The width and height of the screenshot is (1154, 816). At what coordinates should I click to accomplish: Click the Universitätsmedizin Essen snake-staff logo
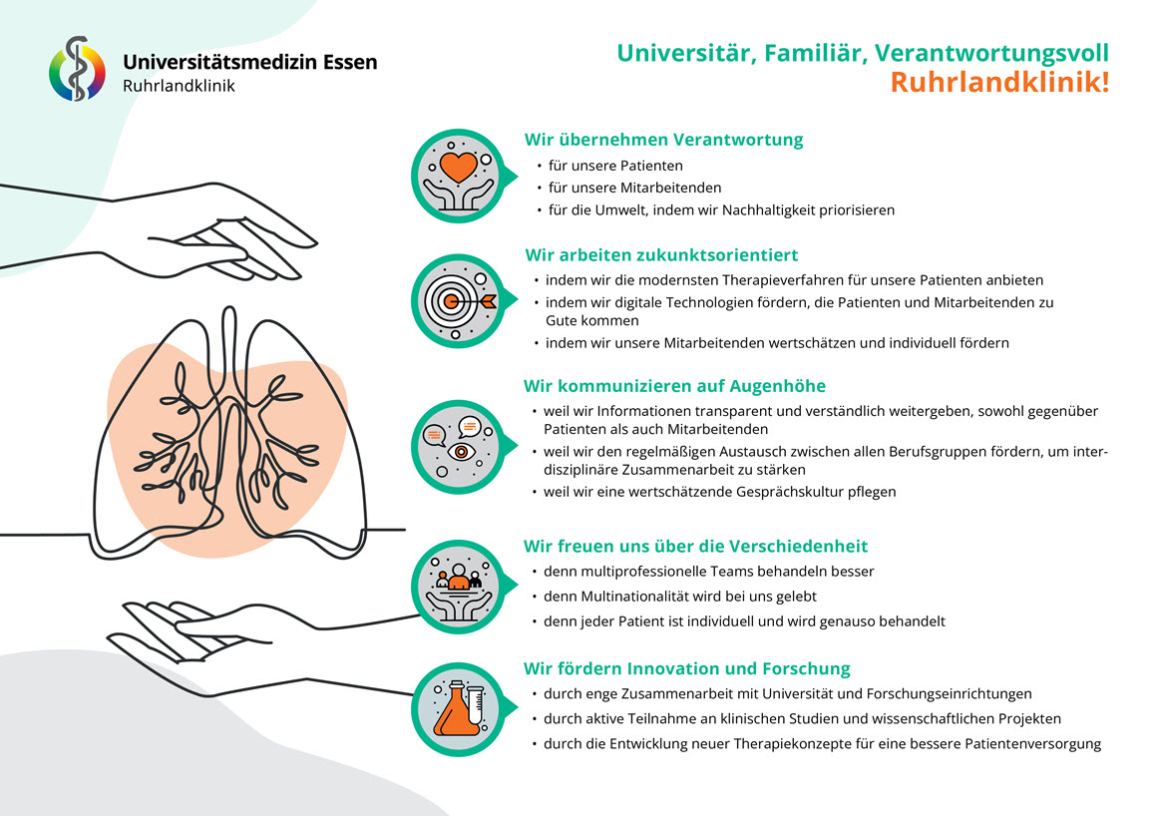point(77,69)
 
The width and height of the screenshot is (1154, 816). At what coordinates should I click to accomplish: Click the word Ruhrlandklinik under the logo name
point(179,86)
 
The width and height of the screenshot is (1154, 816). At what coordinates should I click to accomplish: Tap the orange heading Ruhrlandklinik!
point(999,82)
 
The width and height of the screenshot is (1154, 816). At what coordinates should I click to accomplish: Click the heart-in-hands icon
point(459,177)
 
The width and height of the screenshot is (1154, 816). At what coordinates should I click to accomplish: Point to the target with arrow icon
point(459,301)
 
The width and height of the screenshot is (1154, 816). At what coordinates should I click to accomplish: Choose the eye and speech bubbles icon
point(459,447)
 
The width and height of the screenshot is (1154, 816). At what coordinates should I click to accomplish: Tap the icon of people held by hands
point(459,587)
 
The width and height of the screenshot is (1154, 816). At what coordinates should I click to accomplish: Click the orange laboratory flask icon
point(459,709)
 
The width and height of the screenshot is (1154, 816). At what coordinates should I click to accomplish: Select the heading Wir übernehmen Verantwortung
point(663,140)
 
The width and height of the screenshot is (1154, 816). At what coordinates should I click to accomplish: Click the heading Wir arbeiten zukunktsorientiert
point(661,255)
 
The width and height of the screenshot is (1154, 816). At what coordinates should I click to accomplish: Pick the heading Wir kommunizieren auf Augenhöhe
point(674,386)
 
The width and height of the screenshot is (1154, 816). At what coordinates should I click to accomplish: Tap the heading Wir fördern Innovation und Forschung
point(686,668)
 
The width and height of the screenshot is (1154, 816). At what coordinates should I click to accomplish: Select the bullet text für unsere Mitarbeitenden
point(634,188)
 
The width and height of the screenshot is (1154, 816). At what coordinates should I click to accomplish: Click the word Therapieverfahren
point(793,280)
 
